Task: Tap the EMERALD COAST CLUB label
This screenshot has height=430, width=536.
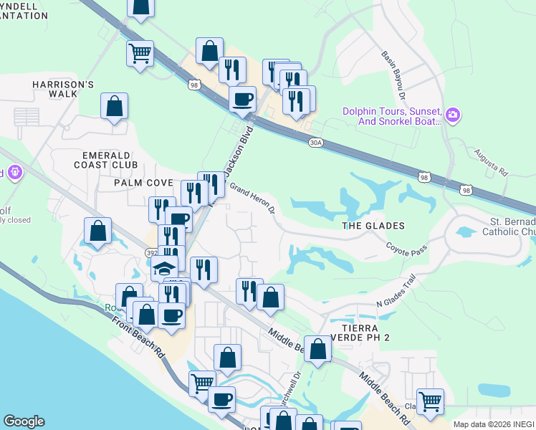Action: pyautogui.click(x=110, y=159)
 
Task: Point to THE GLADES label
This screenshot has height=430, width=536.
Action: pyautogui.click(x=373, y=226)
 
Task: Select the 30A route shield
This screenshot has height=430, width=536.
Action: pyautogui.click(x=315, y=143)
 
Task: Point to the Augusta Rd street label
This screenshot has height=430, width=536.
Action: pyautogui.click(x=491, y=163)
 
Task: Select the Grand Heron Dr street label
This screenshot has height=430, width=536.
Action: pyautogui.click(x=252, y=199)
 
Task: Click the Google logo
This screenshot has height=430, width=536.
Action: pyautogui.click(x=24, y=421)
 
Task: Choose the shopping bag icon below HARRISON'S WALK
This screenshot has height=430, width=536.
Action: pyautogui.click(x=114, y=107)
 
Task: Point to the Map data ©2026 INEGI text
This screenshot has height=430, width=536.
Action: pyautogui.click(x=494, y=424)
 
